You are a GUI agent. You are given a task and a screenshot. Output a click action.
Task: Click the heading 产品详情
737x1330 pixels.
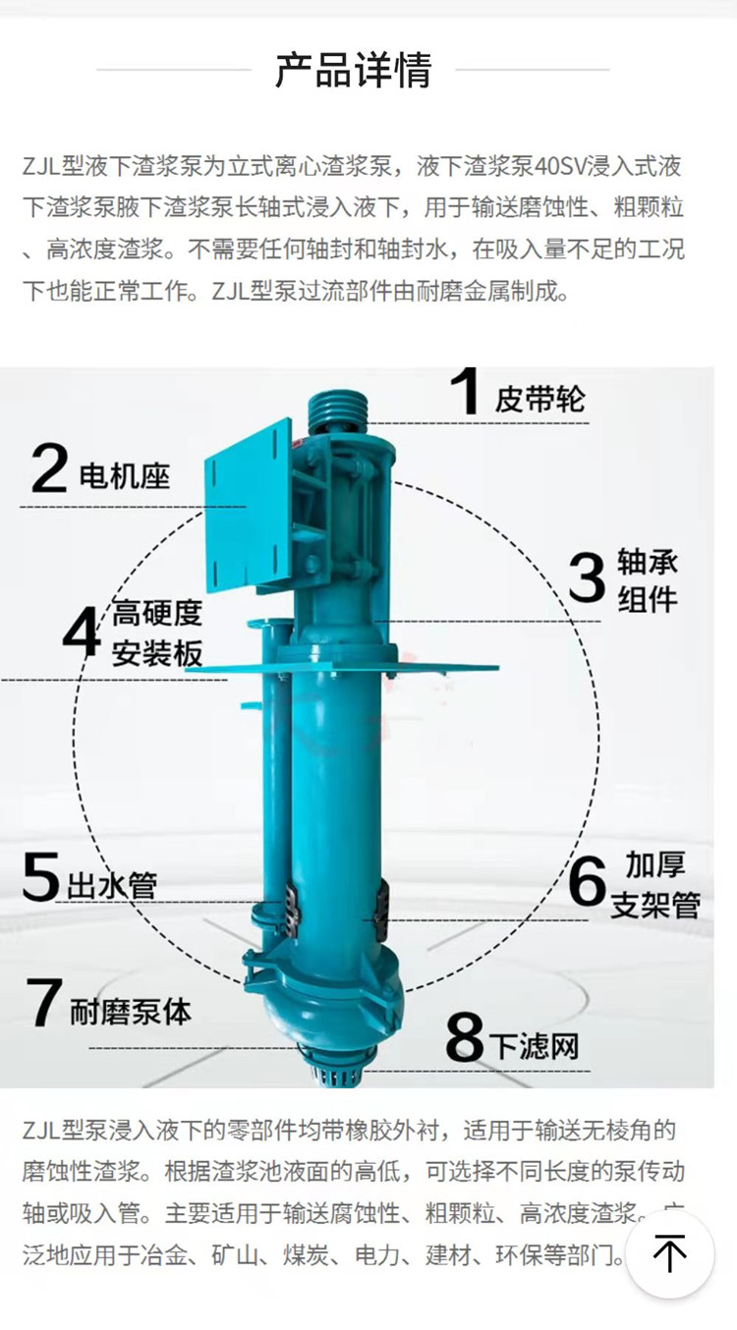tap(353, 71)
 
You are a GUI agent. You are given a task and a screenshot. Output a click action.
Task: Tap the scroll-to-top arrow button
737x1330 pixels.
tap(670, 1254)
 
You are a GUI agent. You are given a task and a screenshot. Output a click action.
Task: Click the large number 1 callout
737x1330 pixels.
tap(464, 392)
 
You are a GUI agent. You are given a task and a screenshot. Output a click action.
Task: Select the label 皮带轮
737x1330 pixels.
tap(539, 398)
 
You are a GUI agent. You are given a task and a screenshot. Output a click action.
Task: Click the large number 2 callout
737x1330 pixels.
tap(48, 469)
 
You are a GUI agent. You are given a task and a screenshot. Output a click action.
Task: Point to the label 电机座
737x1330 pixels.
tap(124, 476)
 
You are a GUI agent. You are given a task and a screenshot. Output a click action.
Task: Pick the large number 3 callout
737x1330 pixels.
tap(587, 579)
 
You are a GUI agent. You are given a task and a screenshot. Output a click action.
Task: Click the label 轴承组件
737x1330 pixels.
tap(648, 580)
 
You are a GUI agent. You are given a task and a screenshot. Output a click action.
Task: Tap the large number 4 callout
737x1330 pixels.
tap(81, 633)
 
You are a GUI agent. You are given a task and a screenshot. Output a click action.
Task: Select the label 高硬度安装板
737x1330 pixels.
tap(156, 634)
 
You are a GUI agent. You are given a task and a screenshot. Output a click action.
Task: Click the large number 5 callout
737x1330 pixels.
tap(40, 877)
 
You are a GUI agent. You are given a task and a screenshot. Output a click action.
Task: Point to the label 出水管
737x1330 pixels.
tap(112, 885)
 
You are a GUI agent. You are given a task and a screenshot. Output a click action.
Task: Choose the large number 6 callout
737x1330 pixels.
tap(587, 881)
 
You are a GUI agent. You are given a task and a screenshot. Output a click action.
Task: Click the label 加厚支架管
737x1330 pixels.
tap(655, 884)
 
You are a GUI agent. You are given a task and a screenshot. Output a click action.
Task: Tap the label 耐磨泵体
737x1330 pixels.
tap(130, 1011)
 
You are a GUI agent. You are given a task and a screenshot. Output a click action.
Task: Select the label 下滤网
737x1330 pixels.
tap(536, 1045)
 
